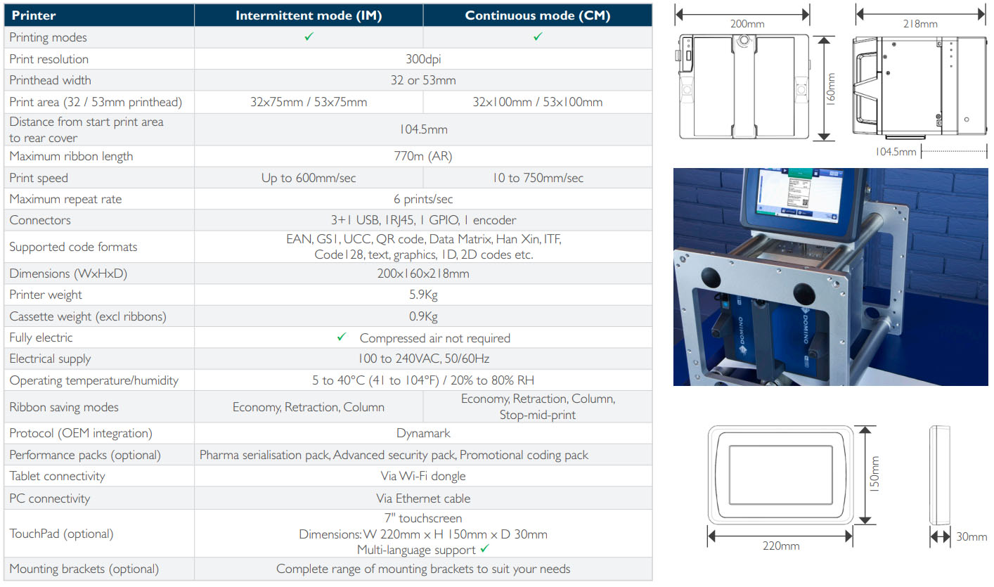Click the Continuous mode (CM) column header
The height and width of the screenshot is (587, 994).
537,15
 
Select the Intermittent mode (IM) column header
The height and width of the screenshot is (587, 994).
309,15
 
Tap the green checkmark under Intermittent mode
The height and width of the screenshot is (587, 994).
309,37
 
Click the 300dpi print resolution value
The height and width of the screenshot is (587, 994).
423,59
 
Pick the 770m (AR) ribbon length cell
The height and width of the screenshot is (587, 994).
423,156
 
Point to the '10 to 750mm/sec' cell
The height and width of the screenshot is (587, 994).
537,178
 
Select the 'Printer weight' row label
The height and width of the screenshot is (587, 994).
46,295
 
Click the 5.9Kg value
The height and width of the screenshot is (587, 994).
423,295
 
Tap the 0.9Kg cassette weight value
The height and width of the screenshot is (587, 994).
423,316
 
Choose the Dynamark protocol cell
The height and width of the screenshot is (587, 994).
423,433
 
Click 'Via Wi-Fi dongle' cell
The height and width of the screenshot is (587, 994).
423,476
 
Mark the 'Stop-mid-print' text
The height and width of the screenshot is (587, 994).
537,415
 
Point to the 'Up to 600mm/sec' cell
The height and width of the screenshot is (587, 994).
309,178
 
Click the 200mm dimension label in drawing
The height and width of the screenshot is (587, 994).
747,24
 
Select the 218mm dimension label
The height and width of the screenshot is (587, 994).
919,24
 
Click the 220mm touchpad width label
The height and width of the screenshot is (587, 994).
781,546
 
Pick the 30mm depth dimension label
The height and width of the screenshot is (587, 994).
972,536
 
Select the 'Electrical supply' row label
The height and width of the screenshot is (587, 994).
50,359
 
